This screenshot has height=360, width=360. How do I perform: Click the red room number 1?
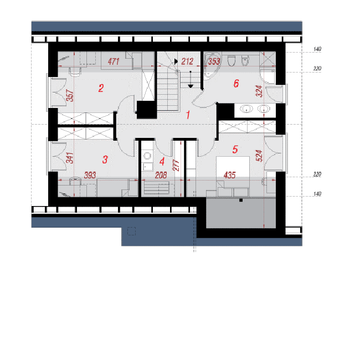tap(188, 115)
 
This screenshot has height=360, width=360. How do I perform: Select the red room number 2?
tap(101, 88)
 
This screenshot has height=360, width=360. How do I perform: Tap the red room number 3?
tap(105, 160)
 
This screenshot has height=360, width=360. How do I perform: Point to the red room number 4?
tap(162, 161)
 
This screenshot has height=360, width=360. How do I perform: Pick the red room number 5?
tap(235, 150)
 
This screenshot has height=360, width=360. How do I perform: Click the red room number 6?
tap(236, 83)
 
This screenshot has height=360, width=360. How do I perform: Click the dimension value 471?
tap(114, 61)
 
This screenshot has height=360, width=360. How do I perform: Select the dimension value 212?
tap(187, 61)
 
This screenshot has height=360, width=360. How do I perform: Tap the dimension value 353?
tap(214, 61)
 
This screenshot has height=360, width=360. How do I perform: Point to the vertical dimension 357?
tap(70, 95)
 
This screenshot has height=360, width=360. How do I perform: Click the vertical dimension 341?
tap(70, 158)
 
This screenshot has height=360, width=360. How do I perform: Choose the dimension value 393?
tap(90, 175)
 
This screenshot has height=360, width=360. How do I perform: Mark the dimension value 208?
tap(161, 176)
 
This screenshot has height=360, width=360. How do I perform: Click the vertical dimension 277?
tap(176, 166)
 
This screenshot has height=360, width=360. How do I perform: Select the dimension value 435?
tap(230, 175)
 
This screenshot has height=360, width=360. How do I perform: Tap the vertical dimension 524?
tap(259, 156)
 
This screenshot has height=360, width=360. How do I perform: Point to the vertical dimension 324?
tap(259, 91)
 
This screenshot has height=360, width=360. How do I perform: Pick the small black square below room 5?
tap(241, 200)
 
